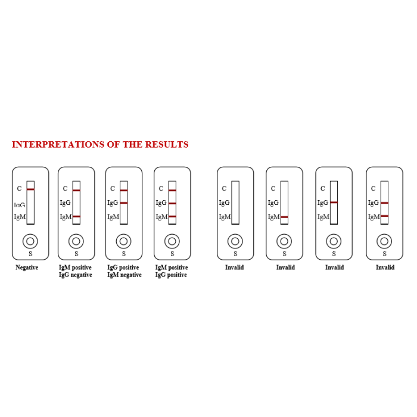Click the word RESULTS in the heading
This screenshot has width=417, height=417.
point(167,144)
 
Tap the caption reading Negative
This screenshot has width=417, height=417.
point(27,267)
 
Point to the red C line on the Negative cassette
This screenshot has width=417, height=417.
point(30,189)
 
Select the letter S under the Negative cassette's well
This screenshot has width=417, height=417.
point(30,254)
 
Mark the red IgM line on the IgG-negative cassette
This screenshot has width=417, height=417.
point(76,216)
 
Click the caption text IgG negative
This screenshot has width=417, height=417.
point(76,275)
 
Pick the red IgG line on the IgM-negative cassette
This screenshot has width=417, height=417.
point(124,203)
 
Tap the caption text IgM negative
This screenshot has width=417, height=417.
point(125,275)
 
